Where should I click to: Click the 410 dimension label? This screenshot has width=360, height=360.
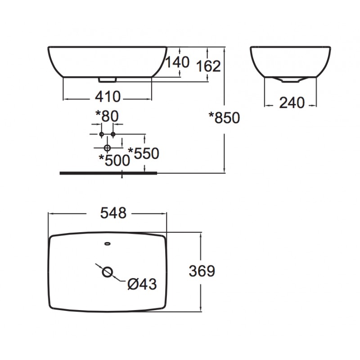(x=107, y=96)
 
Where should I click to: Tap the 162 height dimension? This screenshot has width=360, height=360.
(x=209, y=66)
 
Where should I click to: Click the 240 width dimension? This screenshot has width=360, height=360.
(x=292, y=103)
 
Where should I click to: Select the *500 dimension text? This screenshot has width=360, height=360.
(x=114, y=159)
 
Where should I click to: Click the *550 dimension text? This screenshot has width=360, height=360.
(x=144, y=153)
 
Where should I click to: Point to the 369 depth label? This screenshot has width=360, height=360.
(x=202, y=271)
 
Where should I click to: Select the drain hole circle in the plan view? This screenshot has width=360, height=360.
(x=107, y=271)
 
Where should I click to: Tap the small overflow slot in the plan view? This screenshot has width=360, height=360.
(x=107, y=244)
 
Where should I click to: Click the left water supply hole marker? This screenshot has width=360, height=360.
(x=101, y=135)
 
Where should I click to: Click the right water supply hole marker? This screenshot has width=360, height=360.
(x=113, y=135)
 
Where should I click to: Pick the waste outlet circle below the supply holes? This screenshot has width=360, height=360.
(x=107, y=148)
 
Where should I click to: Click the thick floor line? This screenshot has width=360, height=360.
(x=108, y=172)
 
